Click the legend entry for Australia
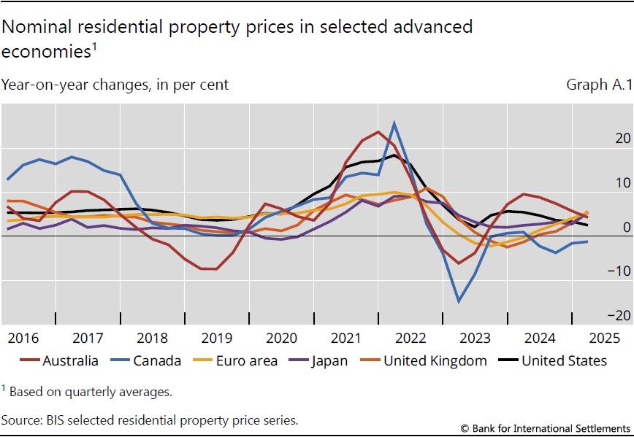70,360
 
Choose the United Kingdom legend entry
435,360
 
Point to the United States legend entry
564,360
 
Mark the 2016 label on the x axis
23,339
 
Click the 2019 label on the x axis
218,339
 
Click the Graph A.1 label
596,85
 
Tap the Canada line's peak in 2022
394,123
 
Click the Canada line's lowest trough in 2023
459,301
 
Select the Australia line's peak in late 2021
378,132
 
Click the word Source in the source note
21,420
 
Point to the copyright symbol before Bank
465,427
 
